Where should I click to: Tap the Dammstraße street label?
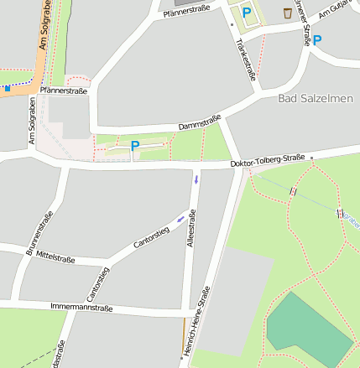[x=199, y=122]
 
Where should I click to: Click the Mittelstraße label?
[x=55, y=258]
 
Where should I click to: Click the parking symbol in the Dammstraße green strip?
[x=134, y=146]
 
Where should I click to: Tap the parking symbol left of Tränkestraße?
[x=247, y=13]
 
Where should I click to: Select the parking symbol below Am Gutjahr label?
[x=316, y=39]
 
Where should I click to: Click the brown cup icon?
[x=288, y=13]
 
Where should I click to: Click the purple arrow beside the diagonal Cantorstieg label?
[x=181, y=220]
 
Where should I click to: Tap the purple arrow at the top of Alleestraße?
[x=196, y=179]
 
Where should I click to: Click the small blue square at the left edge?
[x=8, y=87]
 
